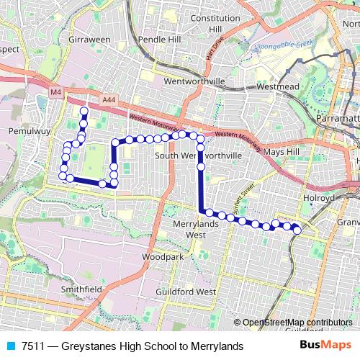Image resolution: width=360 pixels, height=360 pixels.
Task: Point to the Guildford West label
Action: click(x=186, y=292)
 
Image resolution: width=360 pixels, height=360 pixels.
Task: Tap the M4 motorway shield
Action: click(x=56, y=92)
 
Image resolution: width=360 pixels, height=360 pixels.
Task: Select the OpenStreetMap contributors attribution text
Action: click(x=297, y=323)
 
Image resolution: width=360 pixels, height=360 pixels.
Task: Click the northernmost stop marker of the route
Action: click(x=84, y=112)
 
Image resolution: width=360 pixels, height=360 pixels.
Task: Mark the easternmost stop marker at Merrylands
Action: click(x=297, y=230)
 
